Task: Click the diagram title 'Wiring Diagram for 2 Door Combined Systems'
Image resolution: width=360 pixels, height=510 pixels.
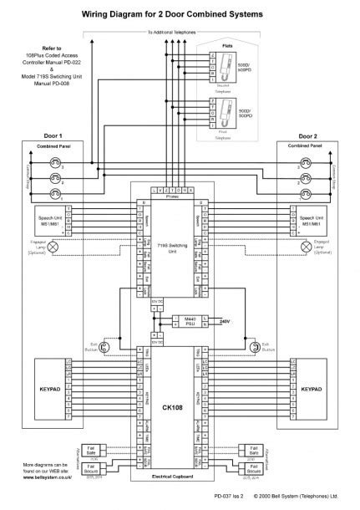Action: tap(180, 14)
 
